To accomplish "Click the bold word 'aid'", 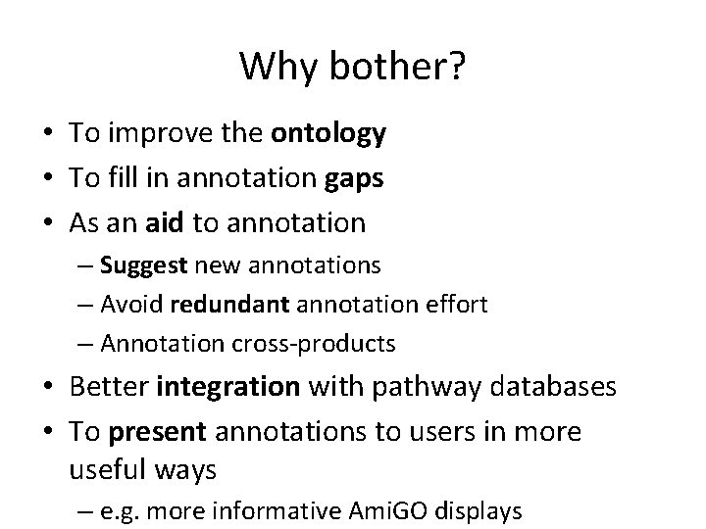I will pos(164,223).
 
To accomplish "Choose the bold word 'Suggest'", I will pos(146,264).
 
